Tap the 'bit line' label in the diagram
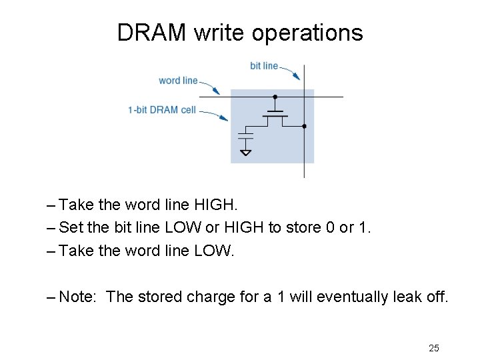[264, 65]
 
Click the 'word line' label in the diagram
[178, 81]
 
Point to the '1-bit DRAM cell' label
[162, 109]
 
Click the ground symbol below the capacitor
[245, 153]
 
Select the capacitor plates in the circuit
[245, 137]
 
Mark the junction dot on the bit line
[304, 126]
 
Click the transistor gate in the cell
[275, 111]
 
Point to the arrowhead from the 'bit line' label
[297, 77]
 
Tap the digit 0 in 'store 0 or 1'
[329, 227]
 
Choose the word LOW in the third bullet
[213, 251]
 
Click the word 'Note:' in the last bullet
[79, 296]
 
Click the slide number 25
[434, 348]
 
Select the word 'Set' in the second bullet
[71, 227]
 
